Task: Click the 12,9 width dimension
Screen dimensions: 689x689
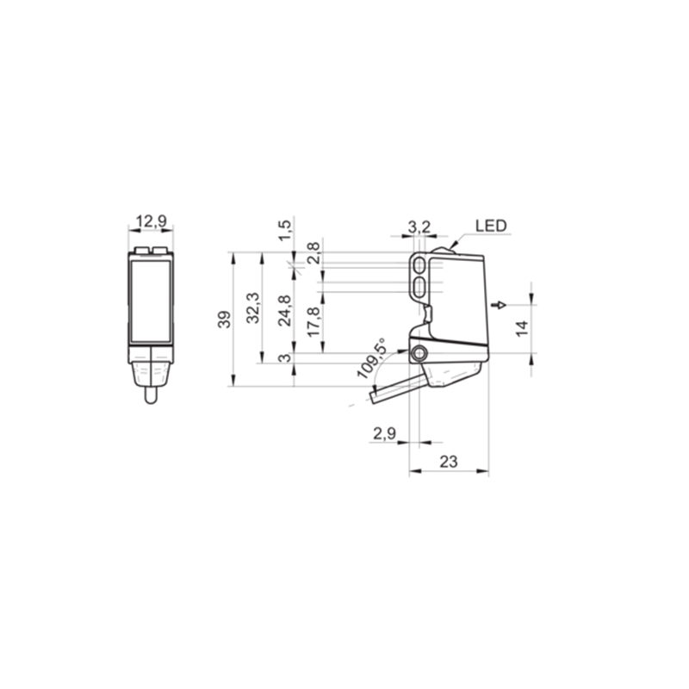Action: (152, 221)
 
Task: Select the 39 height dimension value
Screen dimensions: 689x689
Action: (225, 320)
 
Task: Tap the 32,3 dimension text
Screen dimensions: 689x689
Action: (253, 308)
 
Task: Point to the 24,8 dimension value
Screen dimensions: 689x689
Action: (285, 311)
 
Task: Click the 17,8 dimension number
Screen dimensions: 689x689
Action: (313, 322)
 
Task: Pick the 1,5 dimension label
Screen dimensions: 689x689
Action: (285, 230)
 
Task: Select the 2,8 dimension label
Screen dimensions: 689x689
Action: (313, 253)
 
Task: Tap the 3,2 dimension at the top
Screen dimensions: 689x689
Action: (419, 227)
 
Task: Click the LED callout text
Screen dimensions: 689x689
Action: (491, 226)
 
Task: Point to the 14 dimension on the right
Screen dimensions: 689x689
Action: (522, 329)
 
